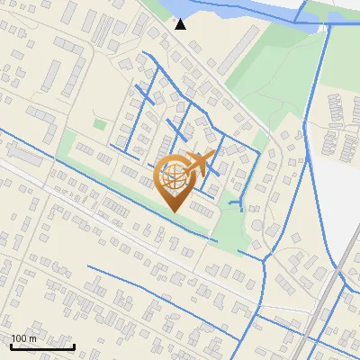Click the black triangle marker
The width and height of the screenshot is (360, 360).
coord(181,23)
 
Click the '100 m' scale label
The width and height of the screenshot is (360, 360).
coord(23,338)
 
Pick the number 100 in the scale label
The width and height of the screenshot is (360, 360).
coord(19,338)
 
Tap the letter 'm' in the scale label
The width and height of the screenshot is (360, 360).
coord(32,338)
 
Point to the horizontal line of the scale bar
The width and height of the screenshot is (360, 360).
coord(42,347)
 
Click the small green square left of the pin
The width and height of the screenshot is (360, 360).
coord(99,123)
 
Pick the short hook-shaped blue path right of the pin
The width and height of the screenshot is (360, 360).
coord(238,205)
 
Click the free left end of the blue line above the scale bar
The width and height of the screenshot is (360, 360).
coord(88,266)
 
